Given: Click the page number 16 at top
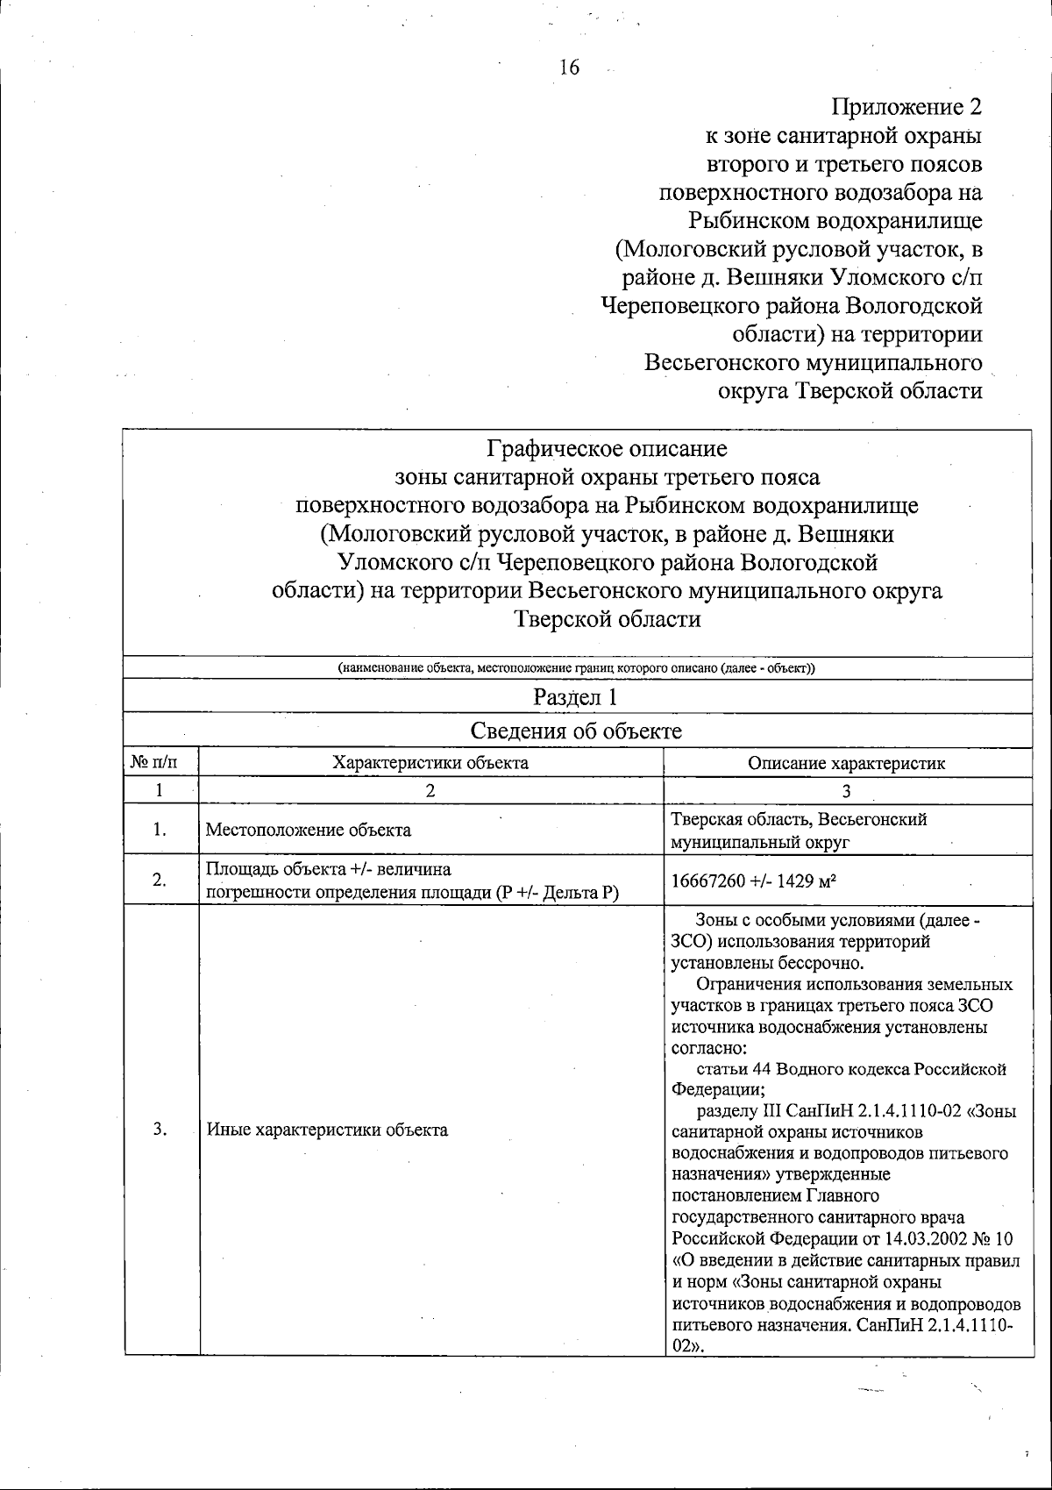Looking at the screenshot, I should pyautogui.click(x=569, y=68).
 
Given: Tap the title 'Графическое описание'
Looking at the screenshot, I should pyautogui.click(x=607, y=449).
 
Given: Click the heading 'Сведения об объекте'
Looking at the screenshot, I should pyautogui.click(x=576, y=731).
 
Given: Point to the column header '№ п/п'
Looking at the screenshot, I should pyautogui.click(x=160, y=762).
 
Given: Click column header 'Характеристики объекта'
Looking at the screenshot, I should pyautogui.click(x=430, y=762).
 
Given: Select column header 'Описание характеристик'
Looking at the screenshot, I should pyautogui.click(x=847, y=763).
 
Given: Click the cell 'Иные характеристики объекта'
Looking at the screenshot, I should pyautogui.click(x=327, y=1130).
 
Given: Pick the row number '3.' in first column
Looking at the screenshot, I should pyautogui.click(x=160, y=1130).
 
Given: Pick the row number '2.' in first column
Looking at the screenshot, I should pyautogui.click(x=160, y=880).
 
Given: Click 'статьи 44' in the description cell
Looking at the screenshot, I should pyautogui.click(x=733, y=1069).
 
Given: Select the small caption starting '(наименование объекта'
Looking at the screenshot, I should pyautogui.click(x=576, y=668).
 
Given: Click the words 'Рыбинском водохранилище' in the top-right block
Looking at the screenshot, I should pyautogui.click(x=835, y=221).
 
